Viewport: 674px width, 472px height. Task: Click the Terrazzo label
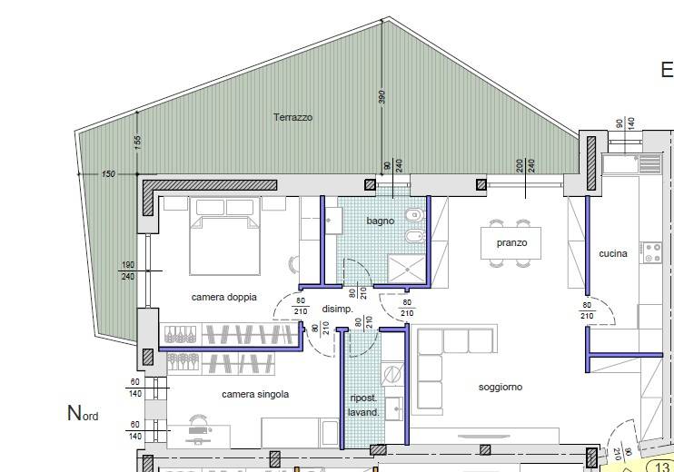point(292,117)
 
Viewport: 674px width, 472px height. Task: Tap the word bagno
point(380,221)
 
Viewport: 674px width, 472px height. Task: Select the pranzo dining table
point(510,243)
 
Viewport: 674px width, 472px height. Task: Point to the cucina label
point(612,254)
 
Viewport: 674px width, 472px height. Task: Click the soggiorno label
point(501,387)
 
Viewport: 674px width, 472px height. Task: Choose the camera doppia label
point(224,297)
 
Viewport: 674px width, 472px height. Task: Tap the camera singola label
point(255,394)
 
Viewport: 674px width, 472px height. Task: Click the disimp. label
point(337,309)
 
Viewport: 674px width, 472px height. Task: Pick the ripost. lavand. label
point(363,406)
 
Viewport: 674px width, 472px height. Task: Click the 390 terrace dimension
point(382,96)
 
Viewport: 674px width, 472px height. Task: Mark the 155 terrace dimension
point(137,143)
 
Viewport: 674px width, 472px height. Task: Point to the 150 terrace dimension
point(108,174)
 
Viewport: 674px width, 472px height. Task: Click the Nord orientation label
point(83,413)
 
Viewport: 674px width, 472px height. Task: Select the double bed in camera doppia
point(224,236)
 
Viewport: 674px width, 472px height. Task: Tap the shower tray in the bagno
point(406,270)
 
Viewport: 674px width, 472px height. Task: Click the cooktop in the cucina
point(652,252)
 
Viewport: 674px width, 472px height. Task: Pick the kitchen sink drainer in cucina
point(649,163)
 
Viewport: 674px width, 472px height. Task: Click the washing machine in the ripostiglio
point(392,374)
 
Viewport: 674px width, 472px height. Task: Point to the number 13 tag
point(662,467)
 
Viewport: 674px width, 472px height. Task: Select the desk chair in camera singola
point(198,419)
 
